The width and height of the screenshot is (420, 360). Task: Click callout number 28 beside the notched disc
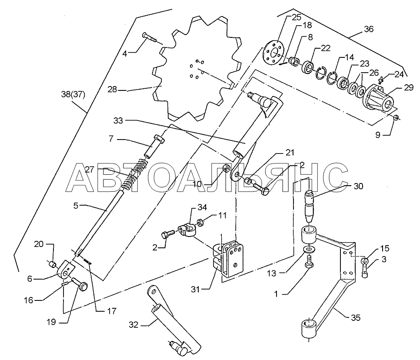click(x=113, y=89)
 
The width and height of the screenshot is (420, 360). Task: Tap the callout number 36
click(x=369, y=29)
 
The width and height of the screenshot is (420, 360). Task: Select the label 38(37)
click(x=73, y=94)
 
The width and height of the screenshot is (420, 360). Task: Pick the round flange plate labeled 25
click(x=273, y=52)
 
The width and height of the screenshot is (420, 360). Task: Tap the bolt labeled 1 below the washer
click(x=309, y=261)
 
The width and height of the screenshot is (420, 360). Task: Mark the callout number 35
click(x=355, y=318)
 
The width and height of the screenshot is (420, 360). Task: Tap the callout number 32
click(x=133, y=325)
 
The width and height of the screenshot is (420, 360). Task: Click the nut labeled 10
click(x=226, y=168)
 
